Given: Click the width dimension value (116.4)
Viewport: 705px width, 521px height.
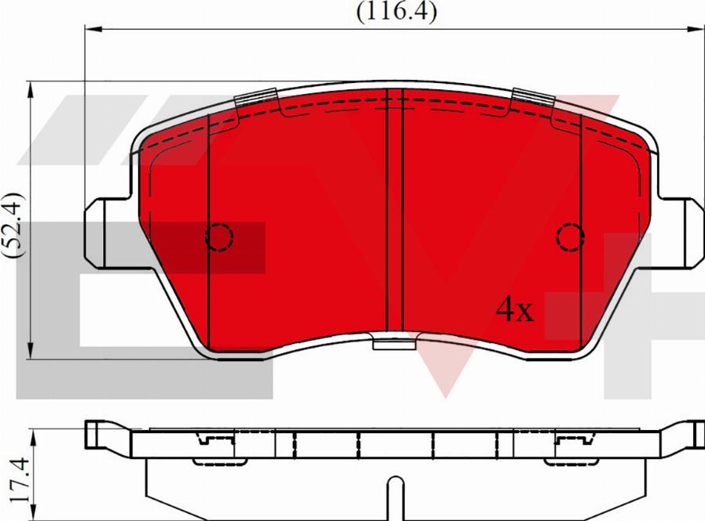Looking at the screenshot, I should pyautogui.click(x=396, y=12).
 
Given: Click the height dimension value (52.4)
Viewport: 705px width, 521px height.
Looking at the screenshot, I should pyautogui.click(x=15, y=225).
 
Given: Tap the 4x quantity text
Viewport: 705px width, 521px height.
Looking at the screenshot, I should pyautogui.click(x=514, y=311).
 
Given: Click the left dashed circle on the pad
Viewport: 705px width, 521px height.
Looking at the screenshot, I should pyautogui.click(x=219, y=235).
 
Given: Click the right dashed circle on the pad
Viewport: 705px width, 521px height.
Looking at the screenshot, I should pyautogui.click(x=570, y=235).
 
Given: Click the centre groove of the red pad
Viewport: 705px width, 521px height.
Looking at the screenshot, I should pyautogui.click(x=395, y=212).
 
